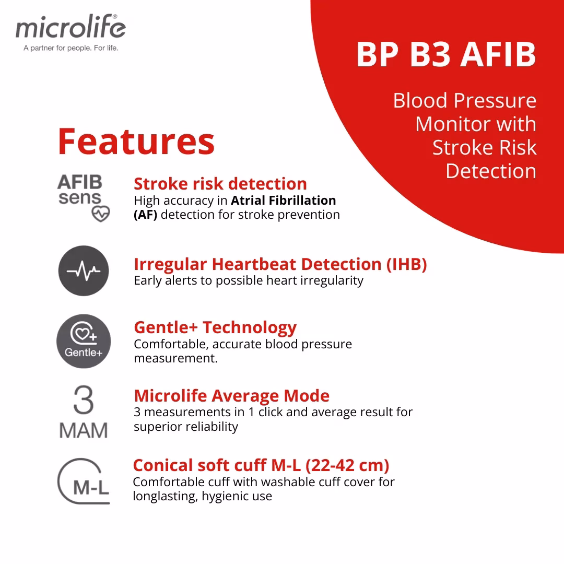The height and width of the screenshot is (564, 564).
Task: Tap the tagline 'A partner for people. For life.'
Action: coord(71,48)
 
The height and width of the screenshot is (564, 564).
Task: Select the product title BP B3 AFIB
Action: coord(446,54)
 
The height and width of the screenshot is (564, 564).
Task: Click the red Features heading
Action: coord(136,142)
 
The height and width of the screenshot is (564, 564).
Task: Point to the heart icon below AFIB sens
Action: coord(101,214)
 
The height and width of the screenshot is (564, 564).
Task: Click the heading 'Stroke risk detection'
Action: coord(220,184)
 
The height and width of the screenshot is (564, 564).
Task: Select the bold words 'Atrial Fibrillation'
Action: coord(284,201)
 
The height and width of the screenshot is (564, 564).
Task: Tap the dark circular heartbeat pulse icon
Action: coord(84,271)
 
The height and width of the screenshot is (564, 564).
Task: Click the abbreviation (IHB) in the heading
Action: coord(406,264)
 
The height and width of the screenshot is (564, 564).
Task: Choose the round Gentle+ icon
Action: coord(84,341)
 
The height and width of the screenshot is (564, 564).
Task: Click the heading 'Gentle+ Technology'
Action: coord(215,327)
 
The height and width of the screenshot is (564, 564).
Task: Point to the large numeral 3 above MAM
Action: coord(84,399)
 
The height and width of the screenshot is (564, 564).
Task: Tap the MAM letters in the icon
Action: coord(84,430)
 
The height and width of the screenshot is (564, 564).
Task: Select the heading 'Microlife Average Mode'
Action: coord(232,396)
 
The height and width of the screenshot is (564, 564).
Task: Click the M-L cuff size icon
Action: coord(84,481)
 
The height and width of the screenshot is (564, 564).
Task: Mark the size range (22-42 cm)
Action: coord(347,465)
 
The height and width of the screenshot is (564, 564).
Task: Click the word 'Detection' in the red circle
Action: coord(491,171)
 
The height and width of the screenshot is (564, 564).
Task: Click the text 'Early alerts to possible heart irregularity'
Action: coord(249,280)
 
